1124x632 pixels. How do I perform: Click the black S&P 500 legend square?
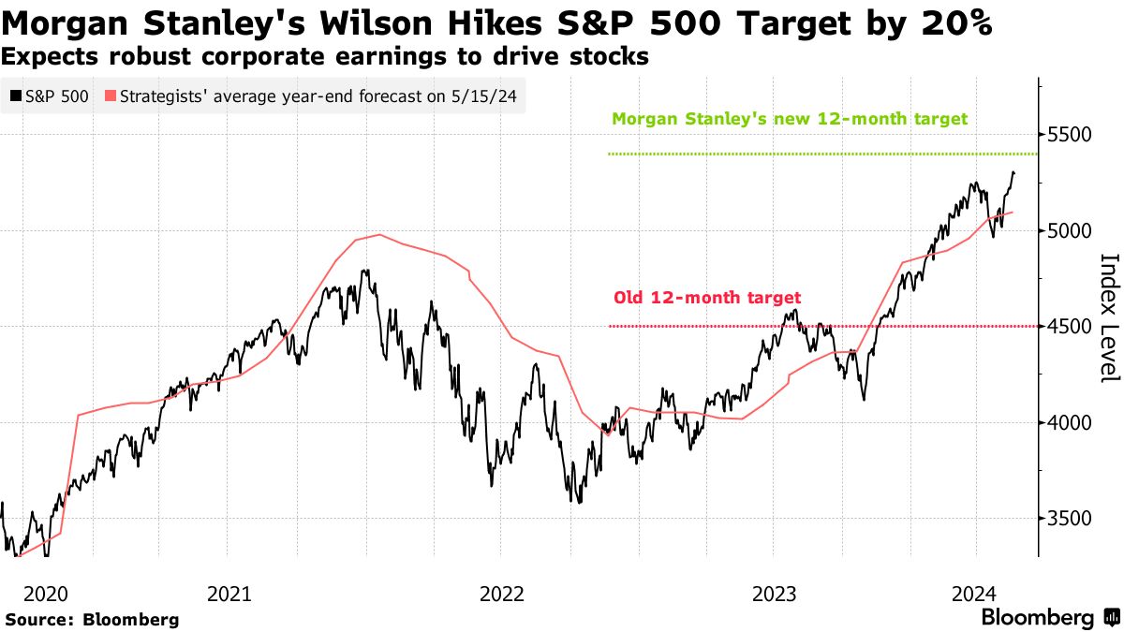15,96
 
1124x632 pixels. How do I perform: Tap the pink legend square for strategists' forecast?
111,96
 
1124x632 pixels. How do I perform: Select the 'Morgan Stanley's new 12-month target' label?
789,119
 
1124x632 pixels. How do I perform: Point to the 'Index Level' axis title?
1109,318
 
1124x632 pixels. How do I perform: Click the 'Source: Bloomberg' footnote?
92,619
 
